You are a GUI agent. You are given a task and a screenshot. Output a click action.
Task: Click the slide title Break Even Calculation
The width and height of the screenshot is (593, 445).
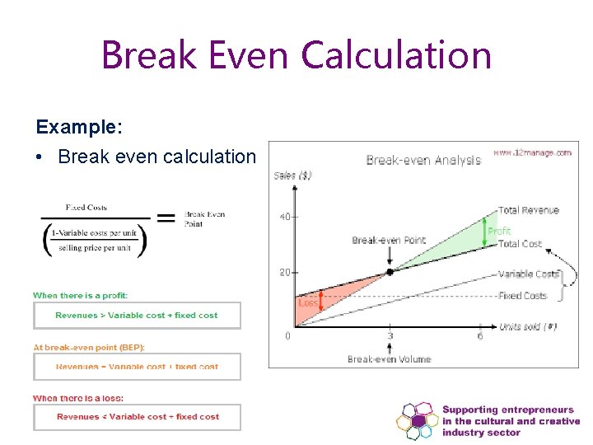pyautogui.click(x=296, y=55)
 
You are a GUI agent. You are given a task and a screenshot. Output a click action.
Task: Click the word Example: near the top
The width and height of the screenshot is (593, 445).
pyautogui.click(x=79, y=128)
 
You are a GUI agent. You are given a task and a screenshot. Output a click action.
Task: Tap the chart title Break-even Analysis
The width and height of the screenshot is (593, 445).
pyautogui.click(x=423, y=160)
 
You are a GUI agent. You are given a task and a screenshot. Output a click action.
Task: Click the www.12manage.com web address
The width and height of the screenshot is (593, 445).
pyautogui.click(x=532, y=152)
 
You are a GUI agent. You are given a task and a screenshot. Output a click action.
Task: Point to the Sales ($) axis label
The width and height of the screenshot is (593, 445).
pyautogui.click(x=292, y=176)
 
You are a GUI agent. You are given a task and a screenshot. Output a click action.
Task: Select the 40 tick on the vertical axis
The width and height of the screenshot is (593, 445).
pyautogui.click(x=284, y=217)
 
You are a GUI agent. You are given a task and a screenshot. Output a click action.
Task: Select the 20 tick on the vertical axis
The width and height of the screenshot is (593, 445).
pyautogui.click(x=284, y=273)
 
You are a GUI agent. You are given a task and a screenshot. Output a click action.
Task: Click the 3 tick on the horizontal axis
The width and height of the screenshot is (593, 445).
pyautogui.click(x=390, y=335)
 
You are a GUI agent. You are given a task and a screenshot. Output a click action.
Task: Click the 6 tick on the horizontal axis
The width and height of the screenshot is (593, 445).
pyautogui.click(x=480, y=335)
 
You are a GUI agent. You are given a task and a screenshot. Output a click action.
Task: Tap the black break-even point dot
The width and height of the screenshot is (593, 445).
pyautogui.click(x=390, y=271)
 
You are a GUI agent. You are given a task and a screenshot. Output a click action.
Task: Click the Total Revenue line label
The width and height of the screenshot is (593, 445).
pyautogui.click(x=529, y=211)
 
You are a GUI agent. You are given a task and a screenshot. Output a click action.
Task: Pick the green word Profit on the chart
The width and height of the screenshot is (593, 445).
pyautogui.click(x=499, y=232)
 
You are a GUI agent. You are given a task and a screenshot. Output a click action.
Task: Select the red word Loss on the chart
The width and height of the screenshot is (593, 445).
pyautogui.click(x=307, y=303)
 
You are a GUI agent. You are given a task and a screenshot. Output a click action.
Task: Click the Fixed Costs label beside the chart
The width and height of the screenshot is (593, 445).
pyautogui.click(x=522, y=296)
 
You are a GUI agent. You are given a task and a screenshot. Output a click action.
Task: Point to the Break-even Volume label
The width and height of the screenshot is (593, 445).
pyautogui.click(x=390, y=359)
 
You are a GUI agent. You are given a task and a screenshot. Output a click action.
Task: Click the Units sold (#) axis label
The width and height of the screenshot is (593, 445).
pyautogui.click(x=527, y=327)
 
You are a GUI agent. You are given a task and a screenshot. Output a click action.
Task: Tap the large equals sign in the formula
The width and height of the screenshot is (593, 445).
pyautogui.click(x=165, y=218)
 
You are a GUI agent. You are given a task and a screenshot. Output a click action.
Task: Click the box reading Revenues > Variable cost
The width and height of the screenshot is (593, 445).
pyautogui.click(x=137, y=316)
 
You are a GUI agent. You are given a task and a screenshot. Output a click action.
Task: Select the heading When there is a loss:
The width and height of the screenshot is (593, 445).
pyautogui.click(x=78, y=398)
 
